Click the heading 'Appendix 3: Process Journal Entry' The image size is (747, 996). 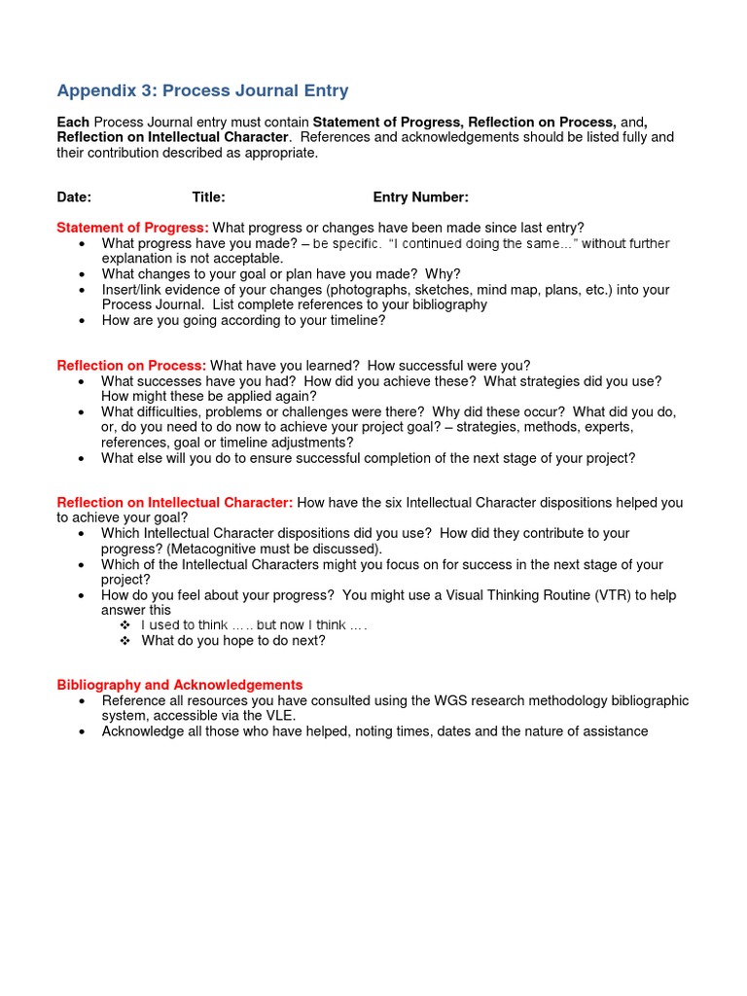point(202,91)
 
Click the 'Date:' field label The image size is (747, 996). point(74,197)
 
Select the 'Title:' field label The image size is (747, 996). point(208,197)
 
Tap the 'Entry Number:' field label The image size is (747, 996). point(420,197)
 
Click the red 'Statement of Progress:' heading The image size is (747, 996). point(132,228)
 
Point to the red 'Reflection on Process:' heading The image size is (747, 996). point(131,366)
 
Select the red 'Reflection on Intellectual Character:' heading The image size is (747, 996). point(174,503)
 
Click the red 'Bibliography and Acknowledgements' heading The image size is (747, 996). point(179,685)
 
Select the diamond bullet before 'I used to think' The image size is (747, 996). point(124,624)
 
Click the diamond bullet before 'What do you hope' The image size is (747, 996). point(124,641)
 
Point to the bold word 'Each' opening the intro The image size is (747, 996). point(73,122)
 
